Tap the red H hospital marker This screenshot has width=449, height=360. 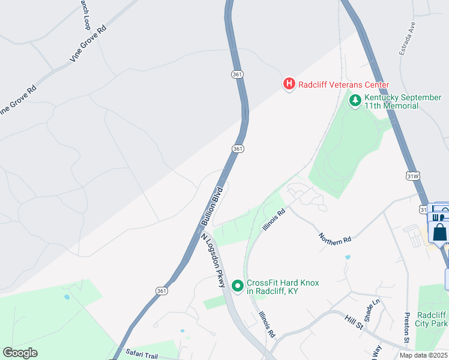tap(289, 85)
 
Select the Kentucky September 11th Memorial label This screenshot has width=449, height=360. tap(403, 101)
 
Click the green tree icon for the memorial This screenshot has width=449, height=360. tap(355, 101)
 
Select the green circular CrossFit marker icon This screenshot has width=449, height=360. tap(238, 287)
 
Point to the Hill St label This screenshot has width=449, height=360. tap(355, 322)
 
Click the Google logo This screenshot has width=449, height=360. tap(20, 353)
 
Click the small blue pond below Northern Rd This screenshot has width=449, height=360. tap(348, 257)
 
